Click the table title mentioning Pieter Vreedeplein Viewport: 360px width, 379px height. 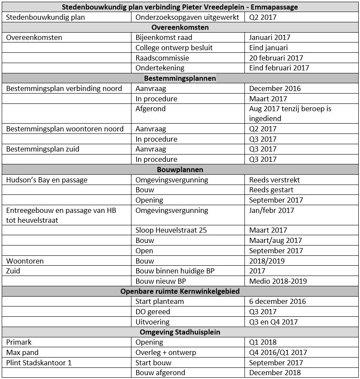180,7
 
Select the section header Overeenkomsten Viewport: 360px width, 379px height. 180,27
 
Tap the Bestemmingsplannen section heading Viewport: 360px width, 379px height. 180,79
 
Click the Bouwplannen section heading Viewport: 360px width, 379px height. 180,170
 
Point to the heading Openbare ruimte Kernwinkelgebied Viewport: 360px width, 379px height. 180,291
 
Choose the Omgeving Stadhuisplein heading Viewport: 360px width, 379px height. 180,332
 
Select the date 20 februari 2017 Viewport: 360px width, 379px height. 276,58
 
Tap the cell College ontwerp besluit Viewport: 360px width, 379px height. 174,48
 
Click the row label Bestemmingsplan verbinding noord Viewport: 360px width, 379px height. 64,88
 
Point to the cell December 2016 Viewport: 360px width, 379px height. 275,88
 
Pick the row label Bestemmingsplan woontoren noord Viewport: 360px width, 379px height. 65,129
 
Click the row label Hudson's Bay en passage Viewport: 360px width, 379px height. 47,180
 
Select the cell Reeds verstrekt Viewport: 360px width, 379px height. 275,180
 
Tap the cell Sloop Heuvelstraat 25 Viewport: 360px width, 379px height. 171,230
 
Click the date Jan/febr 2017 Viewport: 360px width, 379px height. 272,210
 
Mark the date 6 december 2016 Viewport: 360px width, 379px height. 278,301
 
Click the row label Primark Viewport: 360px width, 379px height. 19,342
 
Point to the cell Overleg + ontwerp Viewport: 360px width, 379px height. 165,352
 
